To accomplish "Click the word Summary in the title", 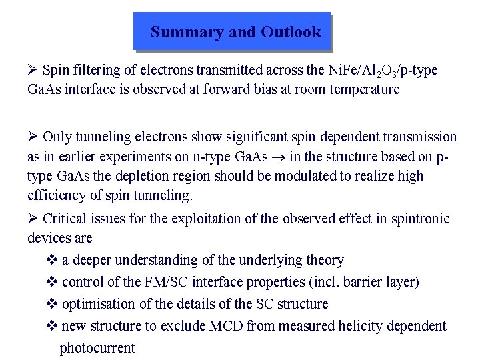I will [x=177, y=32].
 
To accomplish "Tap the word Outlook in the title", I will [x=291, y=32].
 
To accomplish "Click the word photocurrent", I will [x=97, y=347].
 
